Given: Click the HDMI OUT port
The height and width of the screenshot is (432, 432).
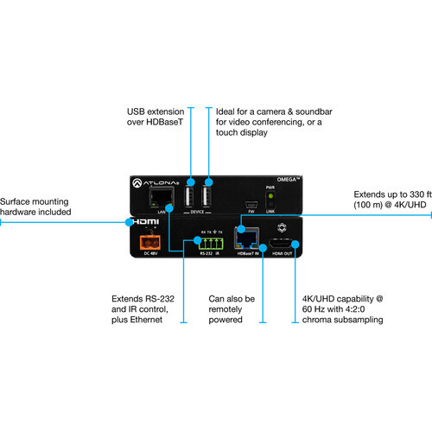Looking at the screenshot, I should point(283,237).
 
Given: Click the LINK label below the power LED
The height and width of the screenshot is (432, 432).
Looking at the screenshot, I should point(270,210).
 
